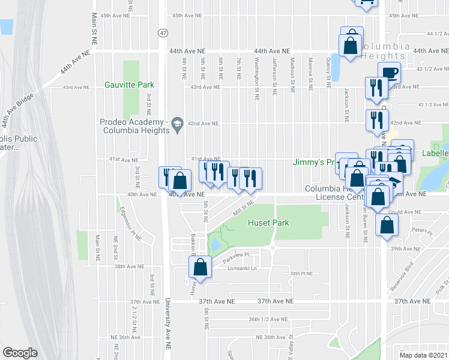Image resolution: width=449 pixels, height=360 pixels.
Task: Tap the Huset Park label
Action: [269, 223]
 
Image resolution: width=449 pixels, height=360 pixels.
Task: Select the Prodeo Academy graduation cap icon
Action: [176, 124]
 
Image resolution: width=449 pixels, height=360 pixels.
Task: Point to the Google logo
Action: [20, 352]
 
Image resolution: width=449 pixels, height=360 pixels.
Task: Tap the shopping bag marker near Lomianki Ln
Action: [202, 266]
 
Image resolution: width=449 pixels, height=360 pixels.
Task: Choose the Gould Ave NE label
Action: [403, 212]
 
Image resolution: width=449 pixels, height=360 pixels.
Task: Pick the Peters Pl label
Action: [418, 230]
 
